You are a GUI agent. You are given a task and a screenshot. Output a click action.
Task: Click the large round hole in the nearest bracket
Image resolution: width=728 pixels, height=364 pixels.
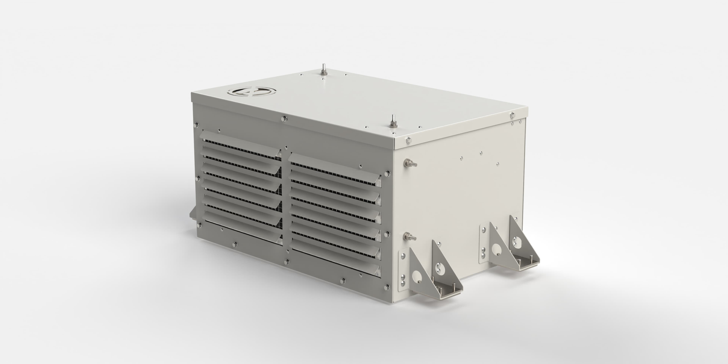pyautogui.click(x=416, y=277)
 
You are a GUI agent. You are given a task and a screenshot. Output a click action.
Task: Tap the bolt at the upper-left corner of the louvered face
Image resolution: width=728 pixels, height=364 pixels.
pyautogui.click(x=197, y=125)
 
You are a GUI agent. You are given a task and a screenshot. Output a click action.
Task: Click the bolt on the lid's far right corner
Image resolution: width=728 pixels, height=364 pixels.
pyautogui.click(x=512, y=115)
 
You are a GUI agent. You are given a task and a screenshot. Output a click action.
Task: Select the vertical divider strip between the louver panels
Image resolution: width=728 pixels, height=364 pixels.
pyautogui.click(x=286, y=203)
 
